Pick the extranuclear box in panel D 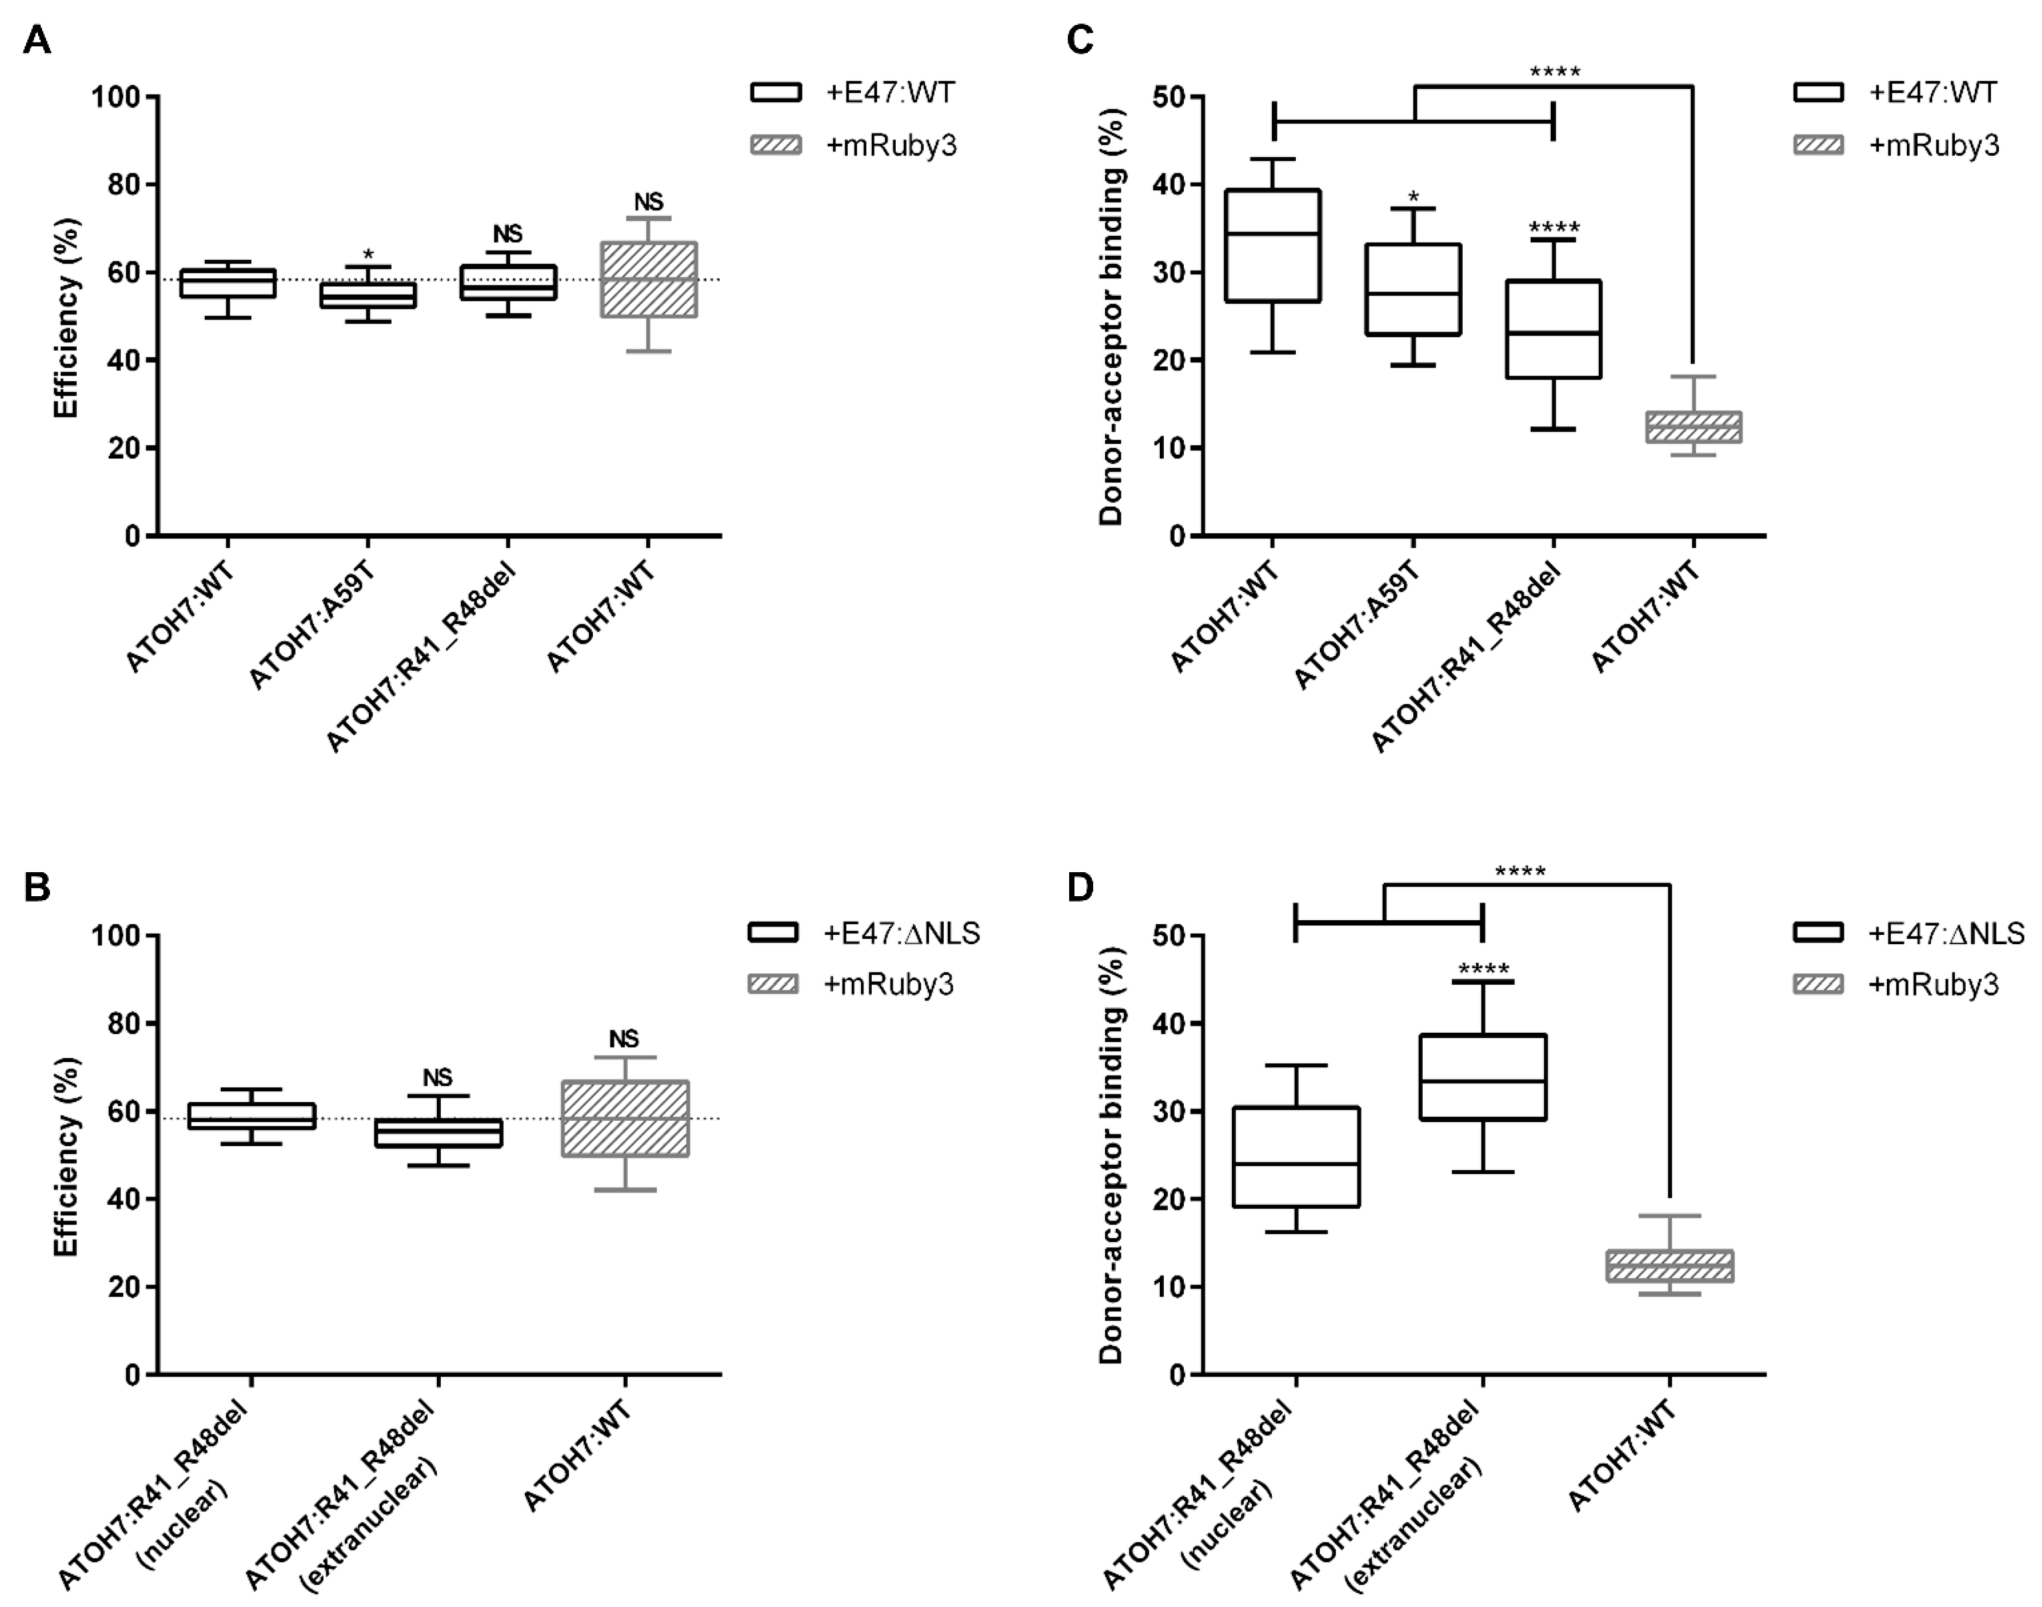1482,1077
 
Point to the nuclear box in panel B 251,1116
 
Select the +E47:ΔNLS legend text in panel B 902,933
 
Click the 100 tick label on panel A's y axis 115,97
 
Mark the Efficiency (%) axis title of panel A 66,317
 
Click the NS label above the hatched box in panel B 624,1039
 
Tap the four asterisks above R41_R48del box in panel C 1554,227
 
